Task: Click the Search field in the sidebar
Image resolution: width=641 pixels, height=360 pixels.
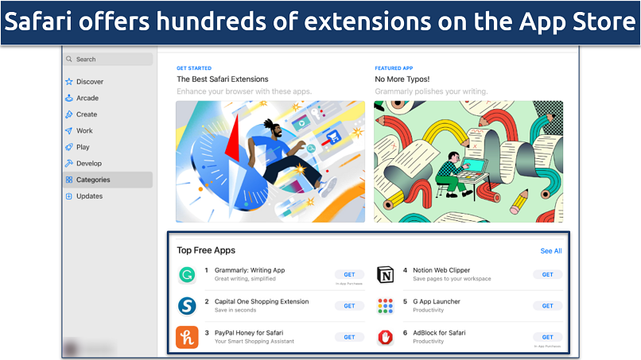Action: pyautogui.click(x=108, y=59)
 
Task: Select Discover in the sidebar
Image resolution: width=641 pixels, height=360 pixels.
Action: pyautogui.click(x=89, y=82)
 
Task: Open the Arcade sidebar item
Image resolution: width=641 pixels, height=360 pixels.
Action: pyautogui.click(x=87, y=99)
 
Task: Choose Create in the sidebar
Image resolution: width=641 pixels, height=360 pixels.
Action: pyautogui.click(x=87, y=114)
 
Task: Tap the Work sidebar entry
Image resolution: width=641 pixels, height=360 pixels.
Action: pyautogui.click(x=84, y=131)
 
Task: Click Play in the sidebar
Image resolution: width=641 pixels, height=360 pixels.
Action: pyautogui.click(x=83, y=147)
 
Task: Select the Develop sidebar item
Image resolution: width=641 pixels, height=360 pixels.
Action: pyautogui.click(x=89, y=164)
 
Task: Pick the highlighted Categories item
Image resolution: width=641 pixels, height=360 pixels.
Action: pyautogui.click(x=93, y=180)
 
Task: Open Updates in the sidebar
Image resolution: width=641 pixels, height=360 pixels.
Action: pyautogui.click(x=89, y=196)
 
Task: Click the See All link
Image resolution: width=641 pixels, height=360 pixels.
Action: pyautogui.click(x=550, y=251)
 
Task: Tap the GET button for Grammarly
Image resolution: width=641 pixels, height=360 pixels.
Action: pyautogui.click(x=349, y=274)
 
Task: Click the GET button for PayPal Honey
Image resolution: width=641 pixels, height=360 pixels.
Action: pyautogui.click(x=349, y=337)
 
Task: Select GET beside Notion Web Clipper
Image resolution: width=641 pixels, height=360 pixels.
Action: pyautogui.click(x=547, y=274)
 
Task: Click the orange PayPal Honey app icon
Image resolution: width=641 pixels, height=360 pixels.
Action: pyautogui.click(x=187, y=337)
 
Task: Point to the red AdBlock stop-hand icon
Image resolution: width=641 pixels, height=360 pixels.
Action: pyautogui.click(x=385, y=337)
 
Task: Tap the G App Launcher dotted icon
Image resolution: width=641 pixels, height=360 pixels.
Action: pyautogui.click(x=385, y=306)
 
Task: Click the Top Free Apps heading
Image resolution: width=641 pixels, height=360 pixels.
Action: pyautogui.click(x=206, y=250)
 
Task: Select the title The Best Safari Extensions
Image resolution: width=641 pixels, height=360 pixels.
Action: pyautogui.click(x=222, y=79)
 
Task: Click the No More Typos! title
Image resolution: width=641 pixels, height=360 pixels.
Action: pyautogui.click(x=402, y=79)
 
